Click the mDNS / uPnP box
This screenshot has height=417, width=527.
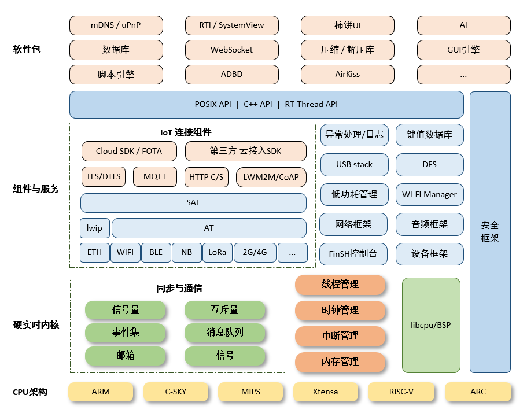(116, 25)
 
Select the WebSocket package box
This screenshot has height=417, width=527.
(231, 50)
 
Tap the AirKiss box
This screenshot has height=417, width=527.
(348, 75)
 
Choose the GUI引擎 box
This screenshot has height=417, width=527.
(463, 50)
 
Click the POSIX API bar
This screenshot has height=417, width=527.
(266, 105)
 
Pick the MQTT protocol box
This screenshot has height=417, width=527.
(154, 176)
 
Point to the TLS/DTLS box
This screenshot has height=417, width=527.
(104, 176)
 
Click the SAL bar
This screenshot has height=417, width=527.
(193, 203)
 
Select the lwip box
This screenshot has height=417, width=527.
(94, 228)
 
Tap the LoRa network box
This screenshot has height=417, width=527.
(218, 253)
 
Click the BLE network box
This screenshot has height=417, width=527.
(156, 253)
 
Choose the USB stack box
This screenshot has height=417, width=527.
(354, 164)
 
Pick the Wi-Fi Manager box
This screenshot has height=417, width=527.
(429, 194)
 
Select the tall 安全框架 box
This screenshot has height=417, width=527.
(490, 231)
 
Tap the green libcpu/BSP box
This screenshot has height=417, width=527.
(431, 325)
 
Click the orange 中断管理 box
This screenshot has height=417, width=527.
(340, 336)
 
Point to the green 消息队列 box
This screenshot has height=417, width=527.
(224, 333)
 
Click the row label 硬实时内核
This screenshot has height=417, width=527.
(36, 325)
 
